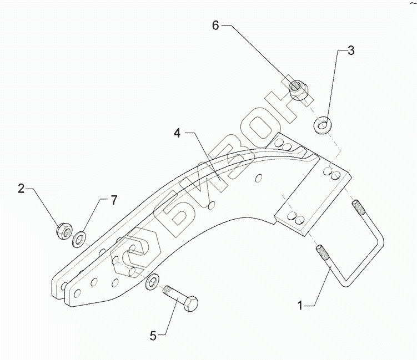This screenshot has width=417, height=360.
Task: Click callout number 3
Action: click(x=350, y=51)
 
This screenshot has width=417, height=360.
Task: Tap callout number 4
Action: click(x=176, y=133)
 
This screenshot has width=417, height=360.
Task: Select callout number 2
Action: click(x=21, y=189)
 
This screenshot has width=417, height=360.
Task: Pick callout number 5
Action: click(x=153, y=334)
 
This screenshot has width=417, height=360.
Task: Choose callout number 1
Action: click(x=300, y=305)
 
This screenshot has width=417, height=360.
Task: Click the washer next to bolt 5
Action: click(x=151, y=282)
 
